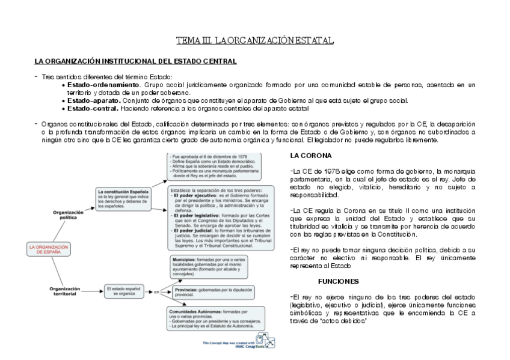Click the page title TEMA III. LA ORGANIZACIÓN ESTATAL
(x=254, y=41)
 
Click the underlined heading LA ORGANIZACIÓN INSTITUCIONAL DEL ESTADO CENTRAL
(x=135, y=61)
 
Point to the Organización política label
(x=68, y=215)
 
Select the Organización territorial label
(x=68, y=291)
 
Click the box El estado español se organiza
(x=123, y=291)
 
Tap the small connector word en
(x=156, y=292)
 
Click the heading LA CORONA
(x=307, y=156)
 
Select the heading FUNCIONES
(x=339, y=281)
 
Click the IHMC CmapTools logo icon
(x=265, y=340)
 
